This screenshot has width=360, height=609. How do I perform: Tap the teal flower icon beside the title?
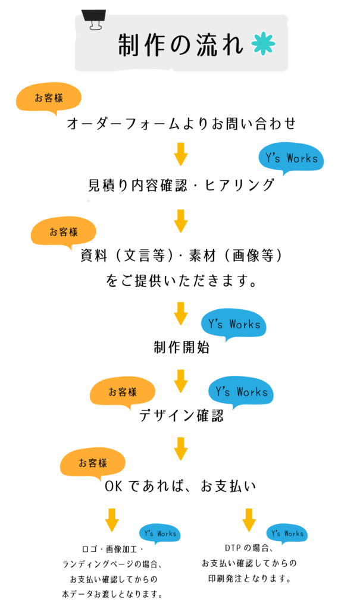[263, 43]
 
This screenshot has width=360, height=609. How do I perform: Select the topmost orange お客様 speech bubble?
[49, 97]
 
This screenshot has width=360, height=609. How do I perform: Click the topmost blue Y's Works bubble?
[292, 158]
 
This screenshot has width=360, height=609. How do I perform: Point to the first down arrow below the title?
[181, 153]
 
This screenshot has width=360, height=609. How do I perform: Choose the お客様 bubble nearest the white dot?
[64, 231]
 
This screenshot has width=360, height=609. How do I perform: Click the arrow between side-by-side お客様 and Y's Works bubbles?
[181, 381]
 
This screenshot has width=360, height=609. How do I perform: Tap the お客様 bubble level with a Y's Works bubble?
[123, 391]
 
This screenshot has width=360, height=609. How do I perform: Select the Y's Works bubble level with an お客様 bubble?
[241, 391]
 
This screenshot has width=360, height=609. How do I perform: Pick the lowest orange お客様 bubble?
[93, 462]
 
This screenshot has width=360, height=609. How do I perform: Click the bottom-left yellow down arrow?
[112, 519]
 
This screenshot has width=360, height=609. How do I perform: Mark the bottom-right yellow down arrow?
[249, 519]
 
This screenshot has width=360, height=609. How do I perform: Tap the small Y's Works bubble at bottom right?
[287, 533]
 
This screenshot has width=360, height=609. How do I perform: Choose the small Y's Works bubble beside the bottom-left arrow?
[159, 533]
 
